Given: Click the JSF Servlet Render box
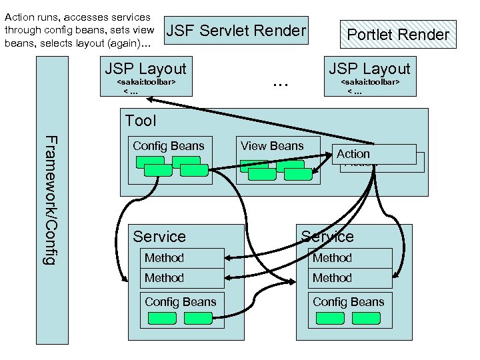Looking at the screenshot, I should pos(236,31).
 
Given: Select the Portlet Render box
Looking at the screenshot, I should pos(398,34).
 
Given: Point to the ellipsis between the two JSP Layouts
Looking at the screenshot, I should pos(280,84).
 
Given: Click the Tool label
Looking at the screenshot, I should pos(141,121).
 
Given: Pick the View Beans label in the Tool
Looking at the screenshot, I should pos(272,146).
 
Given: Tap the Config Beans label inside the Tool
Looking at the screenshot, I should pos(169,146).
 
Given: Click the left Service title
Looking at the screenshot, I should pos(159,237).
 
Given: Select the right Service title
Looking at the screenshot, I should pos(327,237).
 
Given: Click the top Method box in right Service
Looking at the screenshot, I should pos(350,258).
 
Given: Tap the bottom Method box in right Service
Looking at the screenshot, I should pos(350,278).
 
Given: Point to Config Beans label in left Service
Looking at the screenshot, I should pos(181,302).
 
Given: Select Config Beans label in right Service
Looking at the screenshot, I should pos(349,302).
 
